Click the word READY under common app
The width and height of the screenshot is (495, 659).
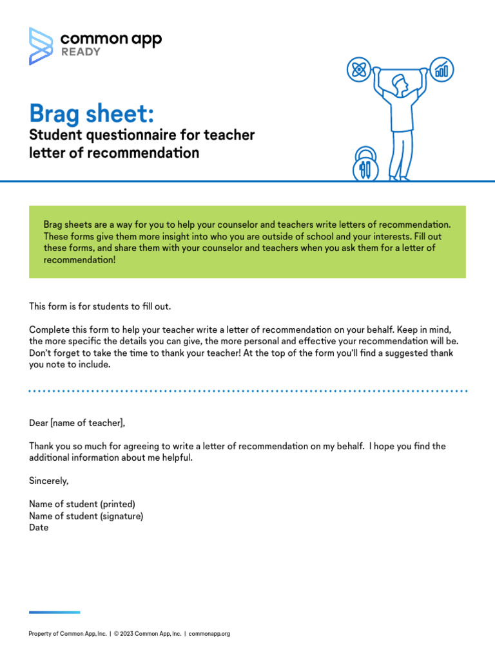pyautogui.click(x=81, y=52)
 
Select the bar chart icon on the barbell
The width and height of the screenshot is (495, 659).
pyautogui.click(x=442, y=68)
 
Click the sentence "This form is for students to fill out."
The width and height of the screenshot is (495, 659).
pyautogui.click(x=100, y=306)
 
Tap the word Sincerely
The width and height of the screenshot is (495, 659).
pyautogui.click(x=49, y=481)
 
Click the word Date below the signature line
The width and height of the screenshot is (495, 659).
pyautogui.click(x=39, y=528)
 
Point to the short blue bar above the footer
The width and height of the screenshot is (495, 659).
pyautogui.click(x=55, y=612)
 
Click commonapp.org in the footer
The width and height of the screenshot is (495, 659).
pyautogui.click(x=209, y=634)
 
